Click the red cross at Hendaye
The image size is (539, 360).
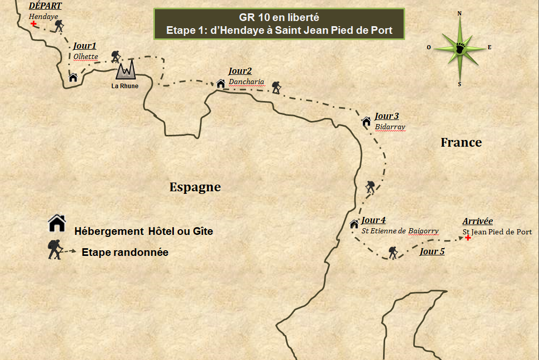(x=34, y=24)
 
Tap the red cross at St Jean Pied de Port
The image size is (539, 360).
(x=468, y=238)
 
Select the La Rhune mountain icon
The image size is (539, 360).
(x=125, y=70)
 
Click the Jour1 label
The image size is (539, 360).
(x=85, y=46)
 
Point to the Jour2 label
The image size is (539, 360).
(x=240, y=71)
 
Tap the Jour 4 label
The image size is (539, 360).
(x=373, y=221)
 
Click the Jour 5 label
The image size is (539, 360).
(x=432, y=251)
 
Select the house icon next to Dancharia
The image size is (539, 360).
(x=221, y=83)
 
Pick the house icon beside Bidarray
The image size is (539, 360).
(x=366, y=122)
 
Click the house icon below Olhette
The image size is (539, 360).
(x=73, y=77)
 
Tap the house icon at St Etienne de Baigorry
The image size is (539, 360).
(x=354, y=224)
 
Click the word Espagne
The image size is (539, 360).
(x=195, y=187)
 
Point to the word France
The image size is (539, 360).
(x=461, y=143)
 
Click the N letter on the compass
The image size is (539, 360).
(x=460, y=14)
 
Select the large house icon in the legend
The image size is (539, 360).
(x=57, y=223)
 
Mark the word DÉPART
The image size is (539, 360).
(x=45, y=6)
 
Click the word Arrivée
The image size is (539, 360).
(x=477, y=221)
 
